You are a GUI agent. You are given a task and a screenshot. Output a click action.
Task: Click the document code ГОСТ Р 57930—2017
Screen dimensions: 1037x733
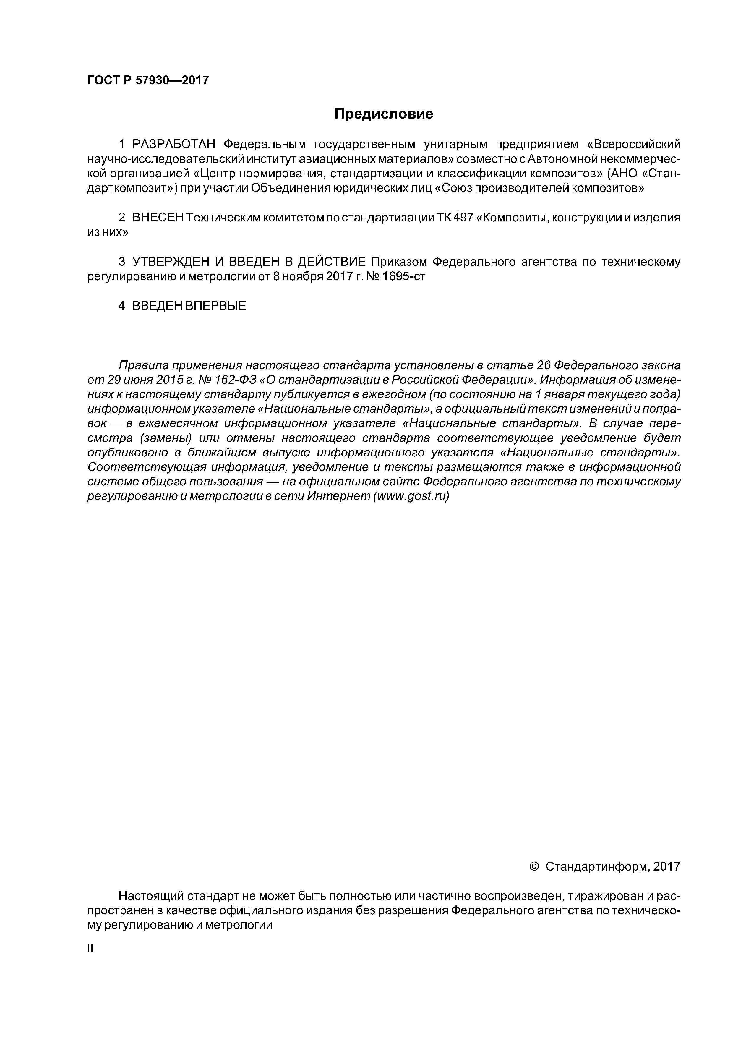[148, 80]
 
